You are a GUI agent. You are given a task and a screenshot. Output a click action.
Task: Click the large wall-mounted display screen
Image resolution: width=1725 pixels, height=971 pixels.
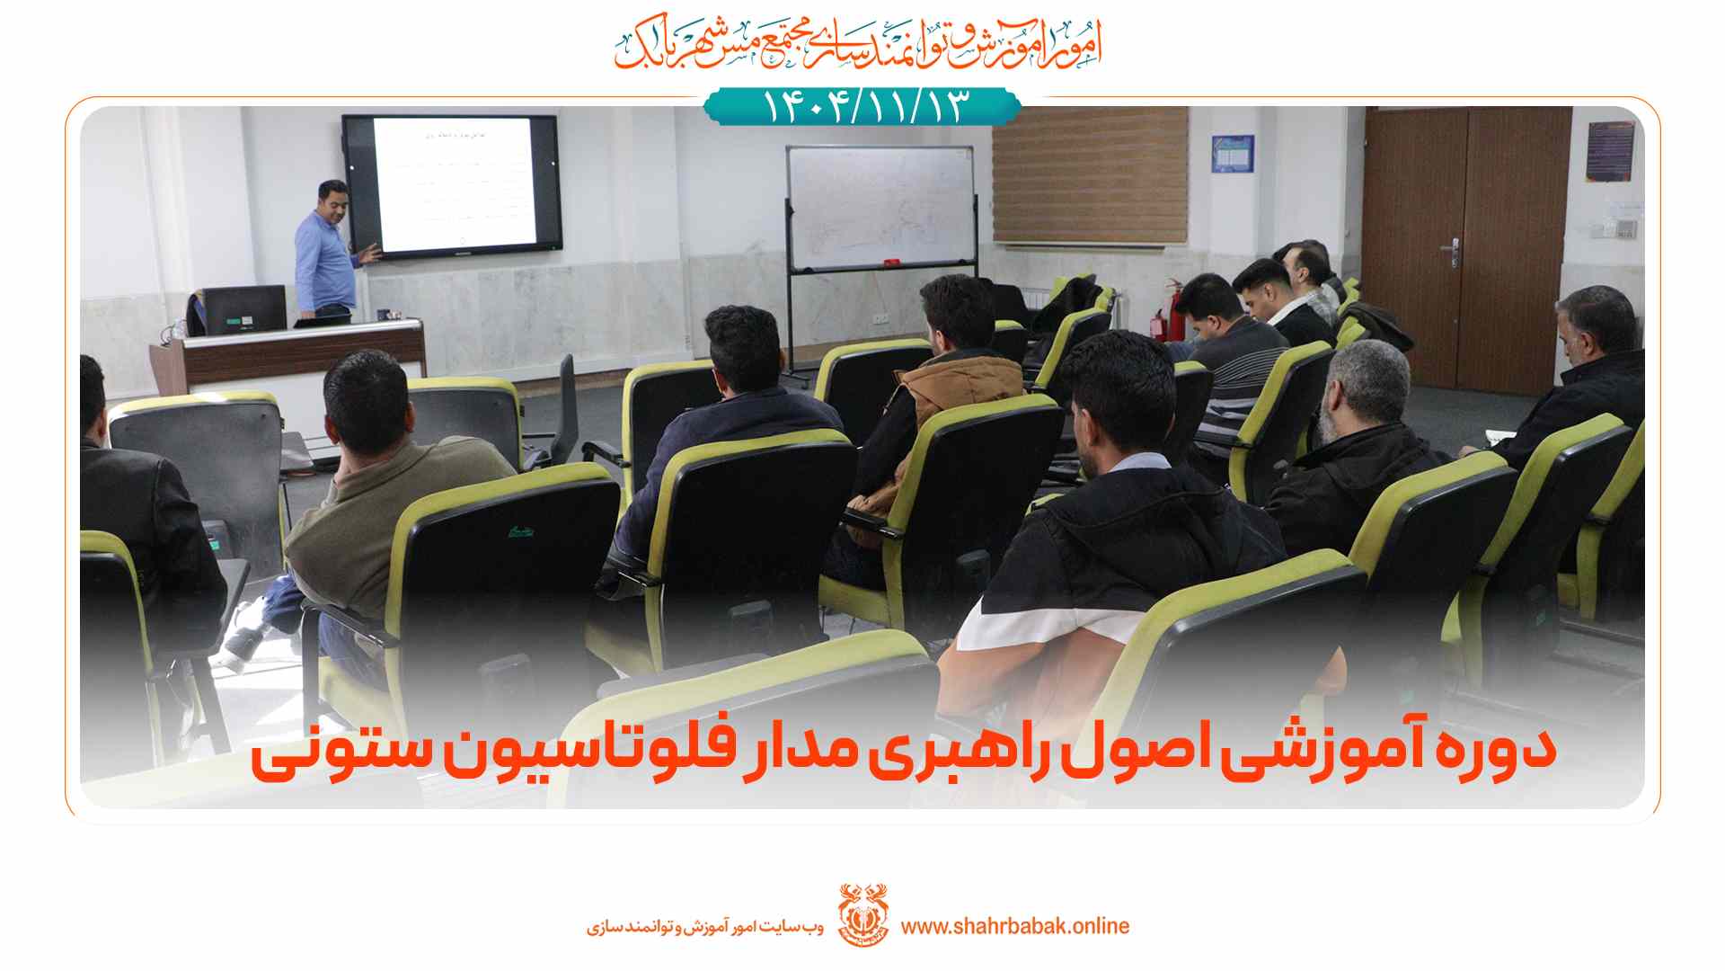[x=451, y=186]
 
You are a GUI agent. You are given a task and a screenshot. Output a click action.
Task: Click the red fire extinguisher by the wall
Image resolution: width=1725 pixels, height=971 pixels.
[x=1160, y=319]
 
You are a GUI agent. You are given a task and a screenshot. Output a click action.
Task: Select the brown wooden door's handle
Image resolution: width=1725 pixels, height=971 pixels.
[x=1450, y=245]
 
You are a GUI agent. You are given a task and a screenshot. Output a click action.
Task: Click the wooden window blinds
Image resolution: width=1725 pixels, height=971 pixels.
[x=1089, y=175]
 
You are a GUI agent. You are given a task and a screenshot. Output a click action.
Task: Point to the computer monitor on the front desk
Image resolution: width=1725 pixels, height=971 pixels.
[x=241, y=310]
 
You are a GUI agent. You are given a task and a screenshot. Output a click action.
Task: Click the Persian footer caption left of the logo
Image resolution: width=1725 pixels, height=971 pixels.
[x=705, y=926]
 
